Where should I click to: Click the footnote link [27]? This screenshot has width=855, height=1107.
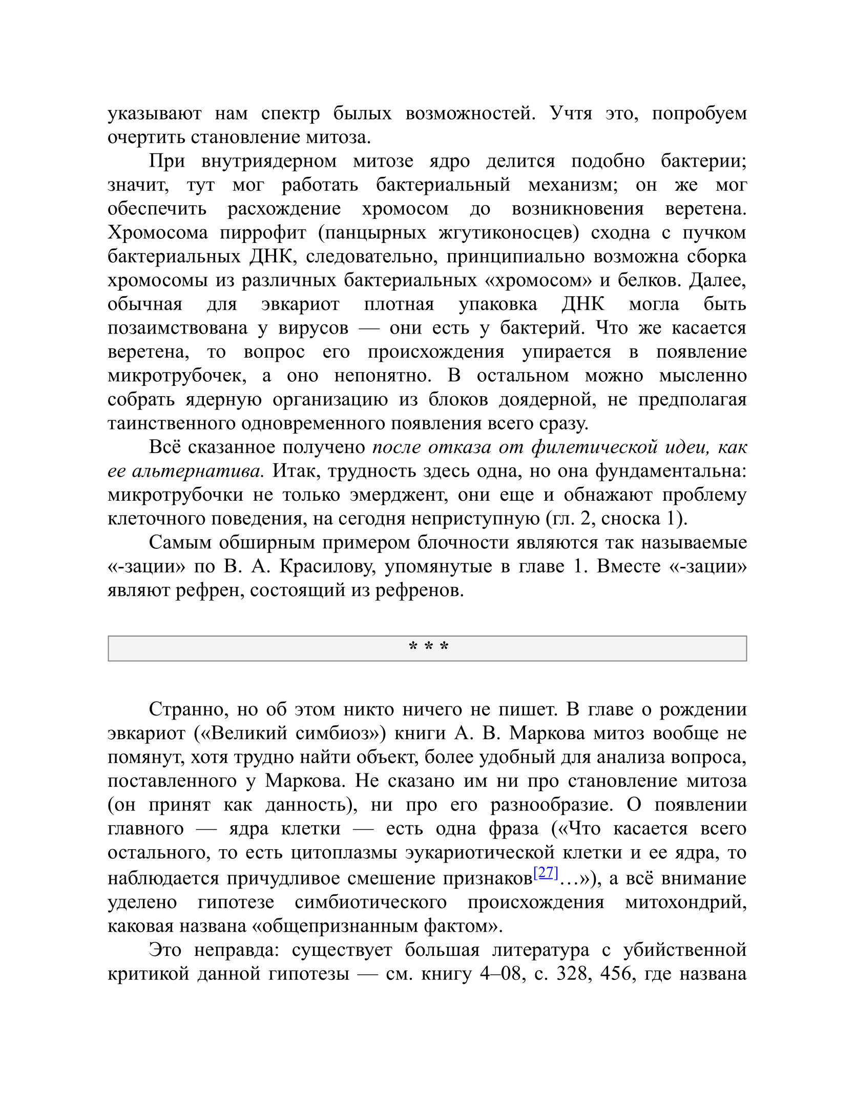tap(546, 873)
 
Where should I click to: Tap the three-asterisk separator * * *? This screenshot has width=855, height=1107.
tap(428, 647)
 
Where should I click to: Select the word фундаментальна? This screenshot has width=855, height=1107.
tap(670, 471)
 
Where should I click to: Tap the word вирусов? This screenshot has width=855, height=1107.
tap(313, 328)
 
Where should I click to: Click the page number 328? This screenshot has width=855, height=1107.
tap(574, 973)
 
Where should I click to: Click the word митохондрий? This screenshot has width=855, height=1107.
tap(685, 901)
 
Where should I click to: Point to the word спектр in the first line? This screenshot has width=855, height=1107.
tap(290, 113)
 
